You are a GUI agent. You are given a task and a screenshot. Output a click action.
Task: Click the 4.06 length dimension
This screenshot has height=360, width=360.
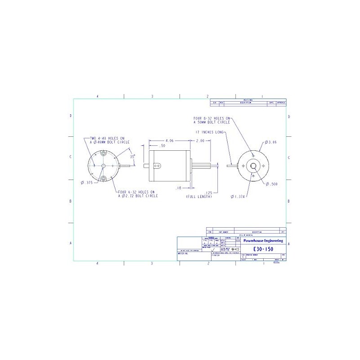[170, 140]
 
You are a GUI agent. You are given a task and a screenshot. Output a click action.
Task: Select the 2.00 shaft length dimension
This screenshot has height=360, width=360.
[200, 140]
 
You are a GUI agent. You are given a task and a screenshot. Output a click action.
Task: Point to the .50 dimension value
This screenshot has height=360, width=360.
[162, 146]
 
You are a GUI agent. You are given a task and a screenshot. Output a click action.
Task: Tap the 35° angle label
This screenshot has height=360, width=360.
[132, 157]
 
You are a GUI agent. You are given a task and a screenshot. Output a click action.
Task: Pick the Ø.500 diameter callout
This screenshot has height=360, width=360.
[272, 184]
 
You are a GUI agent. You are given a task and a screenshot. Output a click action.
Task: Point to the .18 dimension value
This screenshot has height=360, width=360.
[179, 188]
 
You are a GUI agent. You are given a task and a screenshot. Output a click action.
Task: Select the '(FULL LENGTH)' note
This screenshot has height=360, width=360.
[199, 197]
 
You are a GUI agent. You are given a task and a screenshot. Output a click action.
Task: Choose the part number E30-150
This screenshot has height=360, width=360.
[263, 249]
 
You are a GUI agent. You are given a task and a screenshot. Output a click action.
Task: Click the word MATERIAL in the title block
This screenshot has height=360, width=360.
[183, 254]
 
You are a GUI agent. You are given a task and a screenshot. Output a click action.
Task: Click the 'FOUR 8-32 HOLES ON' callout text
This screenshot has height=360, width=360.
[211, 118]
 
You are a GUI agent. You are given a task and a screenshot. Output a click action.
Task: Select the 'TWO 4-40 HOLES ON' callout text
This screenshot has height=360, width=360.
[108, 138]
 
